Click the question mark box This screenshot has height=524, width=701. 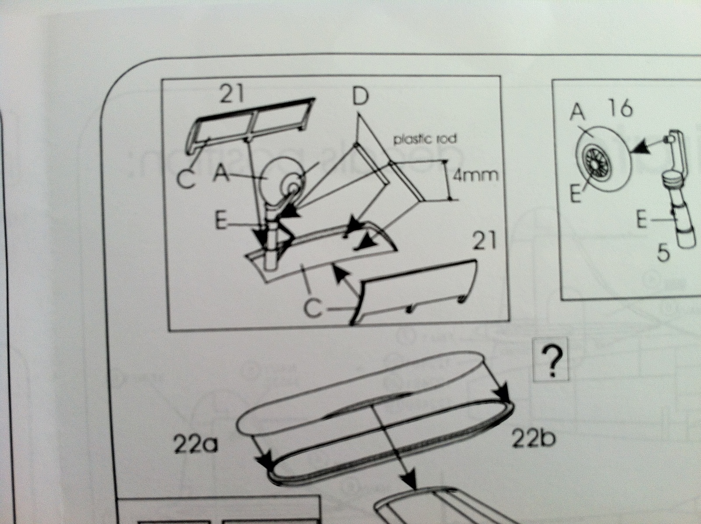tap(552, 360)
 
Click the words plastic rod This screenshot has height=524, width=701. tap(425, 139)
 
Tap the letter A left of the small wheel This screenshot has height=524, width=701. tap(221, 175)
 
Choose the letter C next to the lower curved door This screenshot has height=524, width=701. tap(312, 308)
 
